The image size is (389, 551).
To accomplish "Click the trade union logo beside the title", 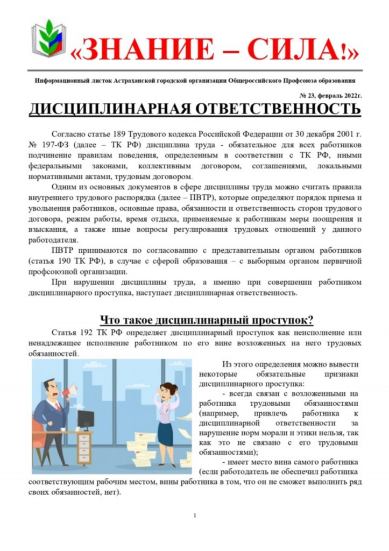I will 48,39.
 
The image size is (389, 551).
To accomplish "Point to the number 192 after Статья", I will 87,333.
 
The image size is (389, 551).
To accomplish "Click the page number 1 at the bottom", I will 194,515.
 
